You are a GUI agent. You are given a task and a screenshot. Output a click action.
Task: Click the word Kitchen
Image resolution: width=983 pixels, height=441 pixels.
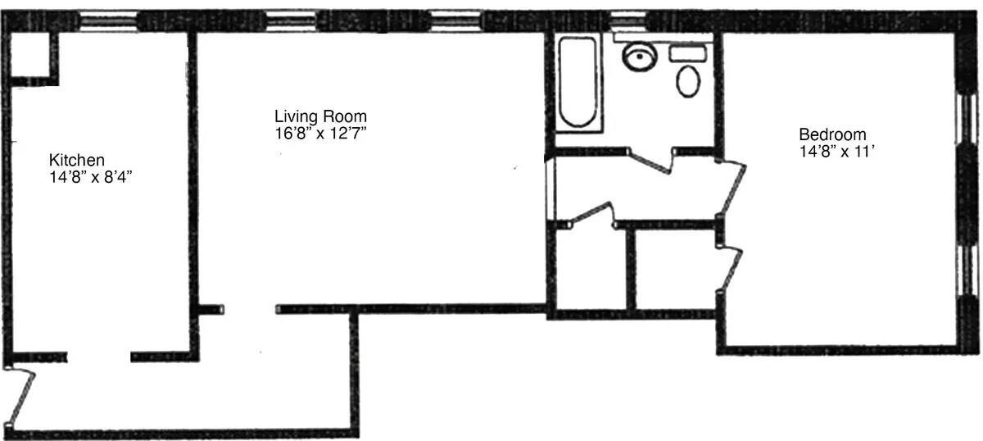[x=77, y=160]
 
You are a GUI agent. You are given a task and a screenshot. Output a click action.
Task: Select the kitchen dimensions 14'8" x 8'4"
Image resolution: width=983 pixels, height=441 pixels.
[x=90, y=175]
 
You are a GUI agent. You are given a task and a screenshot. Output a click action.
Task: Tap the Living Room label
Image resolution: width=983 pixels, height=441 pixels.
[x=320, y=116]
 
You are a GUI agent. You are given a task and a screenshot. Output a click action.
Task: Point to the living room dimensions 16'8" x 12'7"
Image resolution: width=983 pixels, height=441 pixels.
[x=320, y=132]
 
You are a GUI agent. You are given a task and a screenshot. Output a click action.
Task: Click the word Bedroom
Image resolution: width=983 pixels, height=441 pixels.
[x=832, y=135]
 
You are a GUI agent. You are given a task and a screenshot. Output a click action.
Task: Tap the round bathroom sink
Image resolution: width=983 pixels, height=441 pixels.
[x=639, y=57]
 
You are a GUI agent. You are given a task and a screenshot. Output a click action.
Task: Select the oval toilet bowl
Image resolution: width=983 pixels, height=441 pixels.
[x=689, y=81]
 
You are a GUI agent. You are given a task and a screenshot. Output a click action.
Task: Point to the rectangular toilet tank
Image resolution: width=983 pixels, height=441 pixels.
[x=688, y=53]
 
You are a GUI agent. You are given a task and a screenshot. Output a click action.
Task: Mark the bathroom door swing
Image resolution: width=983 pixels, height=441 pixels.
[x=652, y=160]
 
